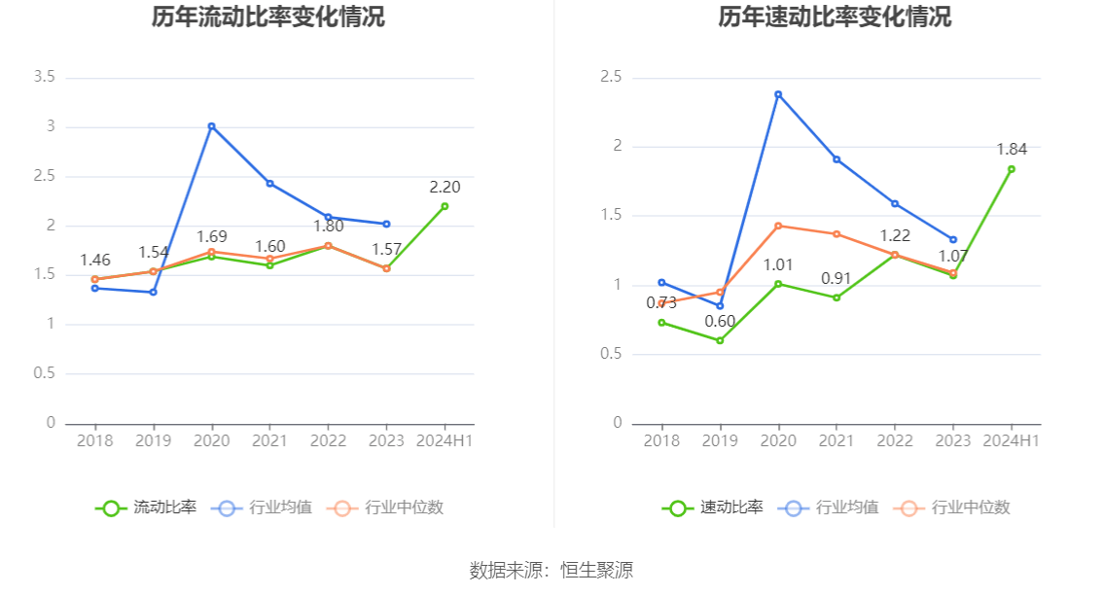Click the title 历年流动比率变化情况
click(267, 17)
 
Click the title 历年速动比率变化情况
click(835, 17)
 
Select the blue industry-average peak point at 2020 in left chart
click(211, 126)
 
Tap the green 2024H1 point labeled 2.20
click(445, 206)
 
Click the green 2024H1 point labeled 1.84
click(1012, 169)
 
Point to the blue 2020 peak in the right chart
click(778, 94)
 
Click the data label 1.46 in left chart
click(94, 260)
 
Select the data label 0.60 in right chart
click(720, 322)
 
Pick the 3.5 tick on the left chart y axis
click(44, 77)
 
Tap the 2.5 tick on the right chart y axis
click(611, 77)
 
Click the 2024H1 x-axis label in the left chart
click(445, 440)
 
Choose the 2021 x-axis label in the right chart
click(836, 440)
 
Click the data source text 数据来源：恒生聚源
click(551, 571)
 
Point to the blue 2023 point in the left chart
click(386, 225)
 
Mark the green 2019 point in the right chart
click(720, 340)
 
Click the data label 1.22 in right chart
click(895, 236)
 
